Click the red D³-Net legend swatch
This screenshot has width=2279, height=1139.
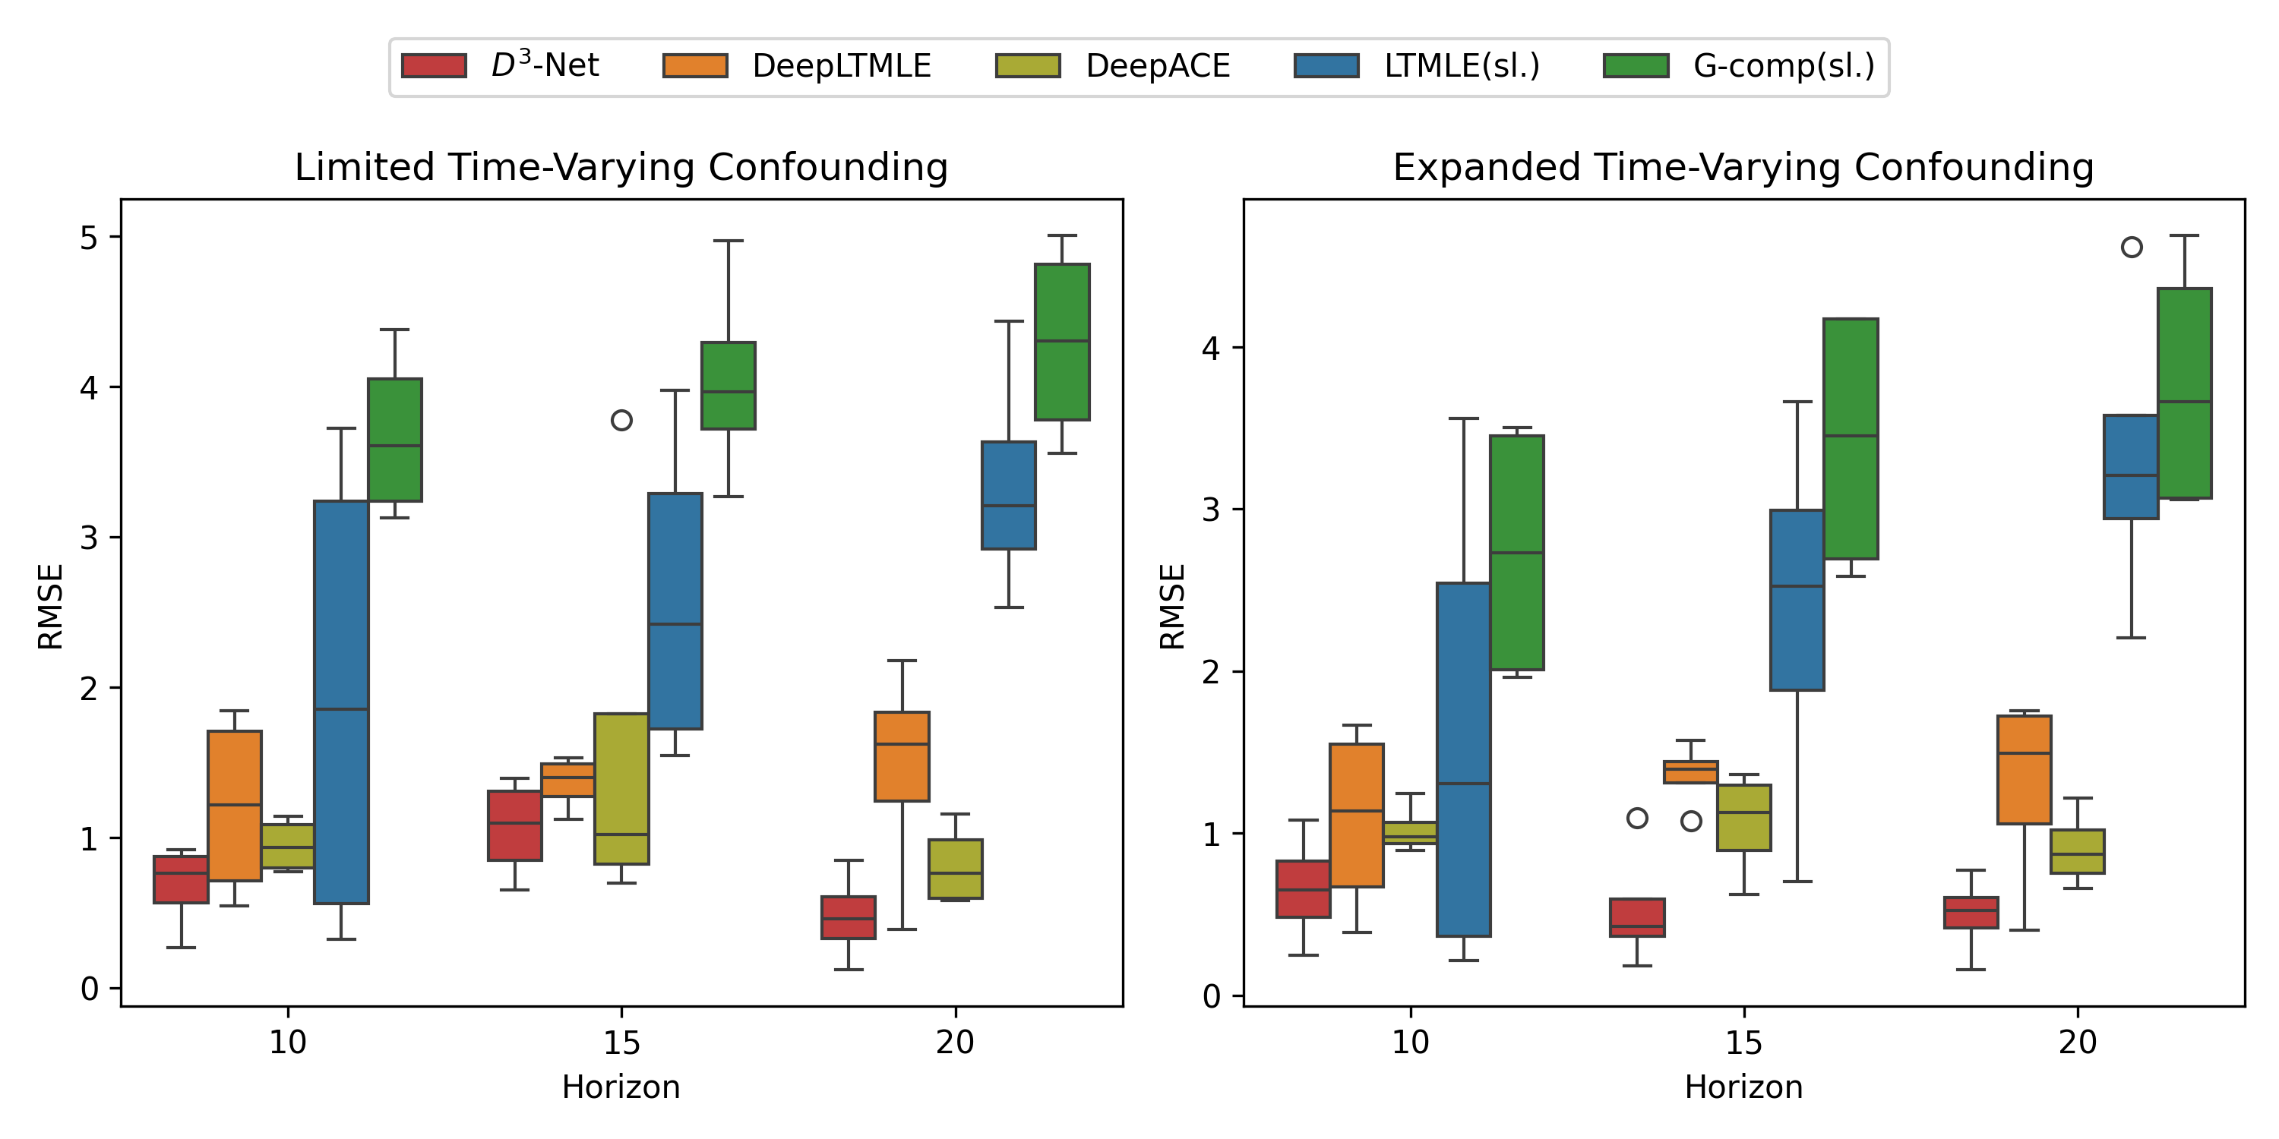[434, 66]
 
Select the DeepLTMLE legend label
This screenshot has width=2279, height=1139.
[842, 66]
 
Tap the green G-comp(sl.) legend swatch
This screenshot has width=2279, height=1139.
[1636, 66]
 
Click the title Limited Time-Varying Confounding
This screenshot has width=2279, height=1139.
[621, 167]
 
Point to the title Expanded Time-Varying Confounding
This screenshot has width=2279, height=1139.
[1743, 167]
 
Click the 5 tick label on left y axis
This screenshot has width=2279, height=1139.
[88, 237]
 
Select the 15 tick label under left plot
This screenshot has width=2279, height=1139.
[621, 1043]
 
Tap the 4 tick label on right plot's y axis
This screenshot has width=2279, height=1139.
[1210, 348]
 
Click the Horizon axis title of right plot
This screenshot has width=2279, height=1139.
[1743, 1087]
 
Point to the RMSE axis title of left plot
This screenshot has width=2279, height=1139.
[50, 607]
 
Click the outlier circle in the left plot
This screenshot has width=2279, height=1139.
[621, 420]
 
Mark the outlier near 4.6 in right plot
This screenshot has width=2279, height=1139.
[2132, 248]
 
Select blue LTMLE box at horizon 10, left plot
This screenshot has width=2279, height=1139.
[342, 702]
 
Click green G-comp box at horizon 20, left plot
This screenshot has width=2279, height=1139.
[1062, 342]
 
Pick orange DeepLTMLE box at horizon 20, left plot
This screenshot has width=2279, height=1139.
[902, 756]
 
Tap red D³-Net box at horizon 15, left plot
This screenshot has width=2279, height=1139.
[515, 825]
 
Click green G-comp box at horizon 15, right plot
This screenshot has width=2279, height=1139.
[1851, 439]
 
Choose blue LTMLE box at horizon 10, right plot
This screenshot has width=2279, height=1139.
[1463, 759]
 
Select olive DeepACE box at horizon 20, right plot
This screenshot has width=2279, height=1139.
[2077, 850]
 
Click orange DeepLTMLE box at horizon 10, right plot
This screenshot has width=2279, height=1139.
[1356, 815]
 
